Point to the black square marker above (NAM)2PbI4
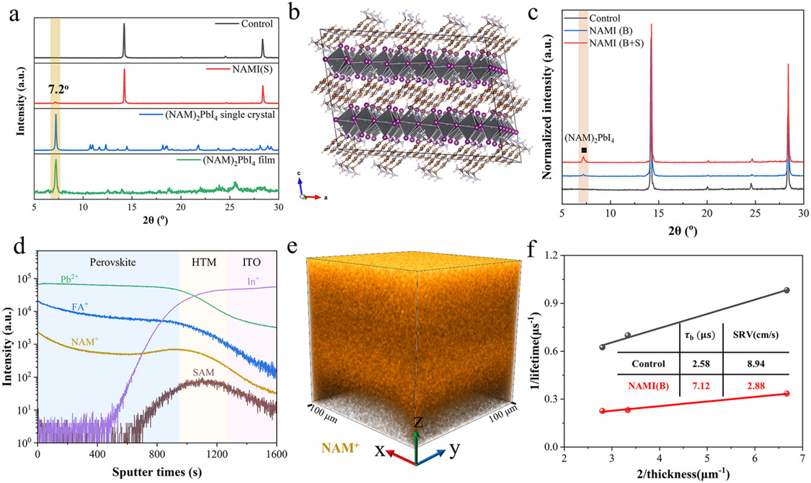point(584,150)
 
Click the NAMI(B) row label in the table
point(644,386)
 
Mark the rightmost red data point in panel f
point(786,393)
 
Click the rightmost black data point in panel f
point(786,290)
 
